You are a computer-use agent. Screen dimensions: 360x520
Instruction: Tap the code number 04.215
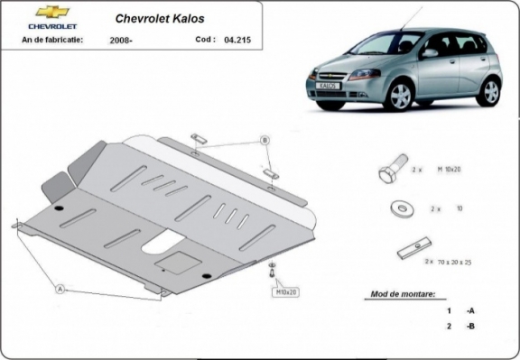pyautogui.click(x=237, y=40)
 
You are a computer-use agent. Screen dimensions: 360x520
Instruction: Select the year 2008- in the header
pyautogui.click(x=121, y=41)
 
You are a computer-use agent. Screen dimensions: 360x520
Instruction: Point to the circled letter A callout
pyautogui.click(x=60, y=289)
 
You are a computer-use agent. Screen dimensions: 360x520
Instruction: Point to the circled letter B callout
pyautogui.click(x=265, y=140)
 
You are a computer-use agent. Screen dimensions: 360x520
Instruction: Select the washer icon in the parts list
pyautogui.click(x=400, y=208)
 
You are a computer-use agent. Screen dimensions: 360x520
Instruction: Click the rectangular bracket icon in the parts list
pyautogui.click(x=413, y=245)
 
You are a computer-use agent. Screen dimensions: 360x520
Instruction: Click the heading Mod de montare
pyautogui.click(x=402, y=294)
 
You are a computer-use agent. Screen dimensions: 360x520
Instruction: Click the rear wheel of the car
pyautogui.click(x=489, y=90)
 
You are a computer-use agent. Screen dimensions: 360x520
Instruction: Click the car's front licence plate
pyautogui.click(x=327, y=87)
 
